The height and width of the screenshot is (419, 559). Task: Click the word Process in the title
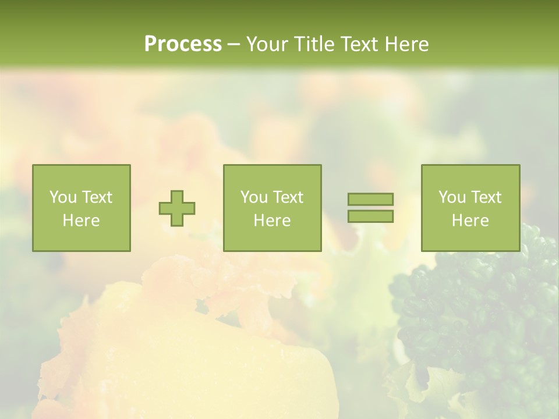[x=183, y=44]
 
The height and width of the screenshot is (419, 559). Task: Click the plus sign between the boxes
[x=177, y=208]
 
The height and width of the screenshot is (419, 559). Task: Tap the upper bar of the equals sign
[x=370, y=199]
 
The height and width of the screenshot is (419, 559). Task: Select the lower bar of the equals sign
[x=370, y=216]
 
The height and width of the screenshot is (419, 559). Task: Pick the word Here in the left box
[x=81, y=221]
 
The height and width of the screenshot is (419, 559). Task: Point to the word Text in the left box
[x=97, y=197]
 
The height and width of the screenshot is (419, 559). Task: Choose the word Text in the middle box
[x=288, y=197]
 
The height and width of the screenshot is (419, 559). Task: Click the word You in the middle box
[x=254, y=197]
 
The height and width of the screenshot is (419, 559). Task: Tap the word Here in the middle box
[x=272, y=221]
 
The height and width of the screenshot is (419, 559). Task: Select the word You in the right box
[x=452, y=197]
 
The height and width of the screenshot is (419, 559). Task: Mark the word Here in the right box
[x=470, y=221]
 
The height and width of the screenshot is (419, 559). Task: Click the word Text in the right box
[x=486, y=197]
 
